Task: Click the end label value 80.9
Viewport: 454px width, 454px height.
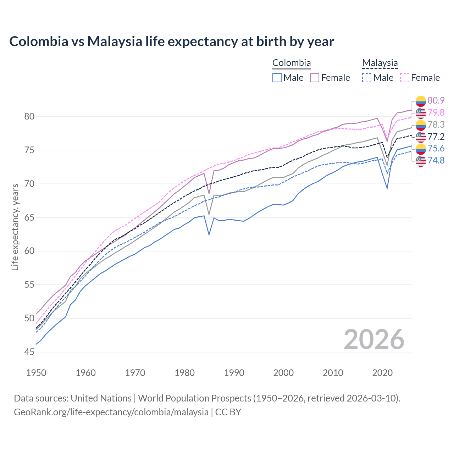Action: [436, 100]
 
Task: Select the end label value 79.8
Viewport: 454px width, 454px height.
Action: [436, 112]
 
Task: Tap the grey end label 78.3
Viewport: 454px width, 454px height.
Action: [436, 124]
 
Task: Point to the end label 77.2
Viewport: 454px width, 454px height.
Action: [436, 137]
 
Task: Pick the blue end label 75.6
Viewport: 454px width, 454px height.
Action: [436, 148]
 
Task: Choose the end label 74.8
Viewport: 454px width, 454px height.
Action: [436, 160]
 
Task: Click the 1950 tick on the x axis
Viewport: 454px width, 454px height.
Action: [36, 373]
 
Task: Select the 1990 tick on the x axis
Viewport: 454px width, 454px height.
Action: [234, 373]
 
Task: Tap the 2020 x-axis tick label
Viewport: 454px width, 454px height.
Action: [382, 373]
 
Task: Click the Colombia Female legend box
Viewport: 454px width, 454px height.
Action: [315, 78]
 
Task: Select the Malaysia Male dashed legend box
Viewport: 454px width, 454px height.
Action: [367, 78]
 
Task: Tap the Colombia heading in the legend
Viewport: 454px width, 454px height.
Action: [292, 63]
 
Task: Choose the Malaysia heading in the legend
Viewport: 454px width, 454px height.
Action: [380, 63]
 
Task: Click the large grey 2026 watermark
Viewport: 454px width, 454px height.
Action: [374, 339]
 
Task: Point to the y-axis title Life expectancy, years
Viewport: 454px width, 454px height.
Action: [15, 227]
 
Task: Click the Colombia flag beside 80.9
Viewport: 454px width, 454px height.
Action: [421, 101]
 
